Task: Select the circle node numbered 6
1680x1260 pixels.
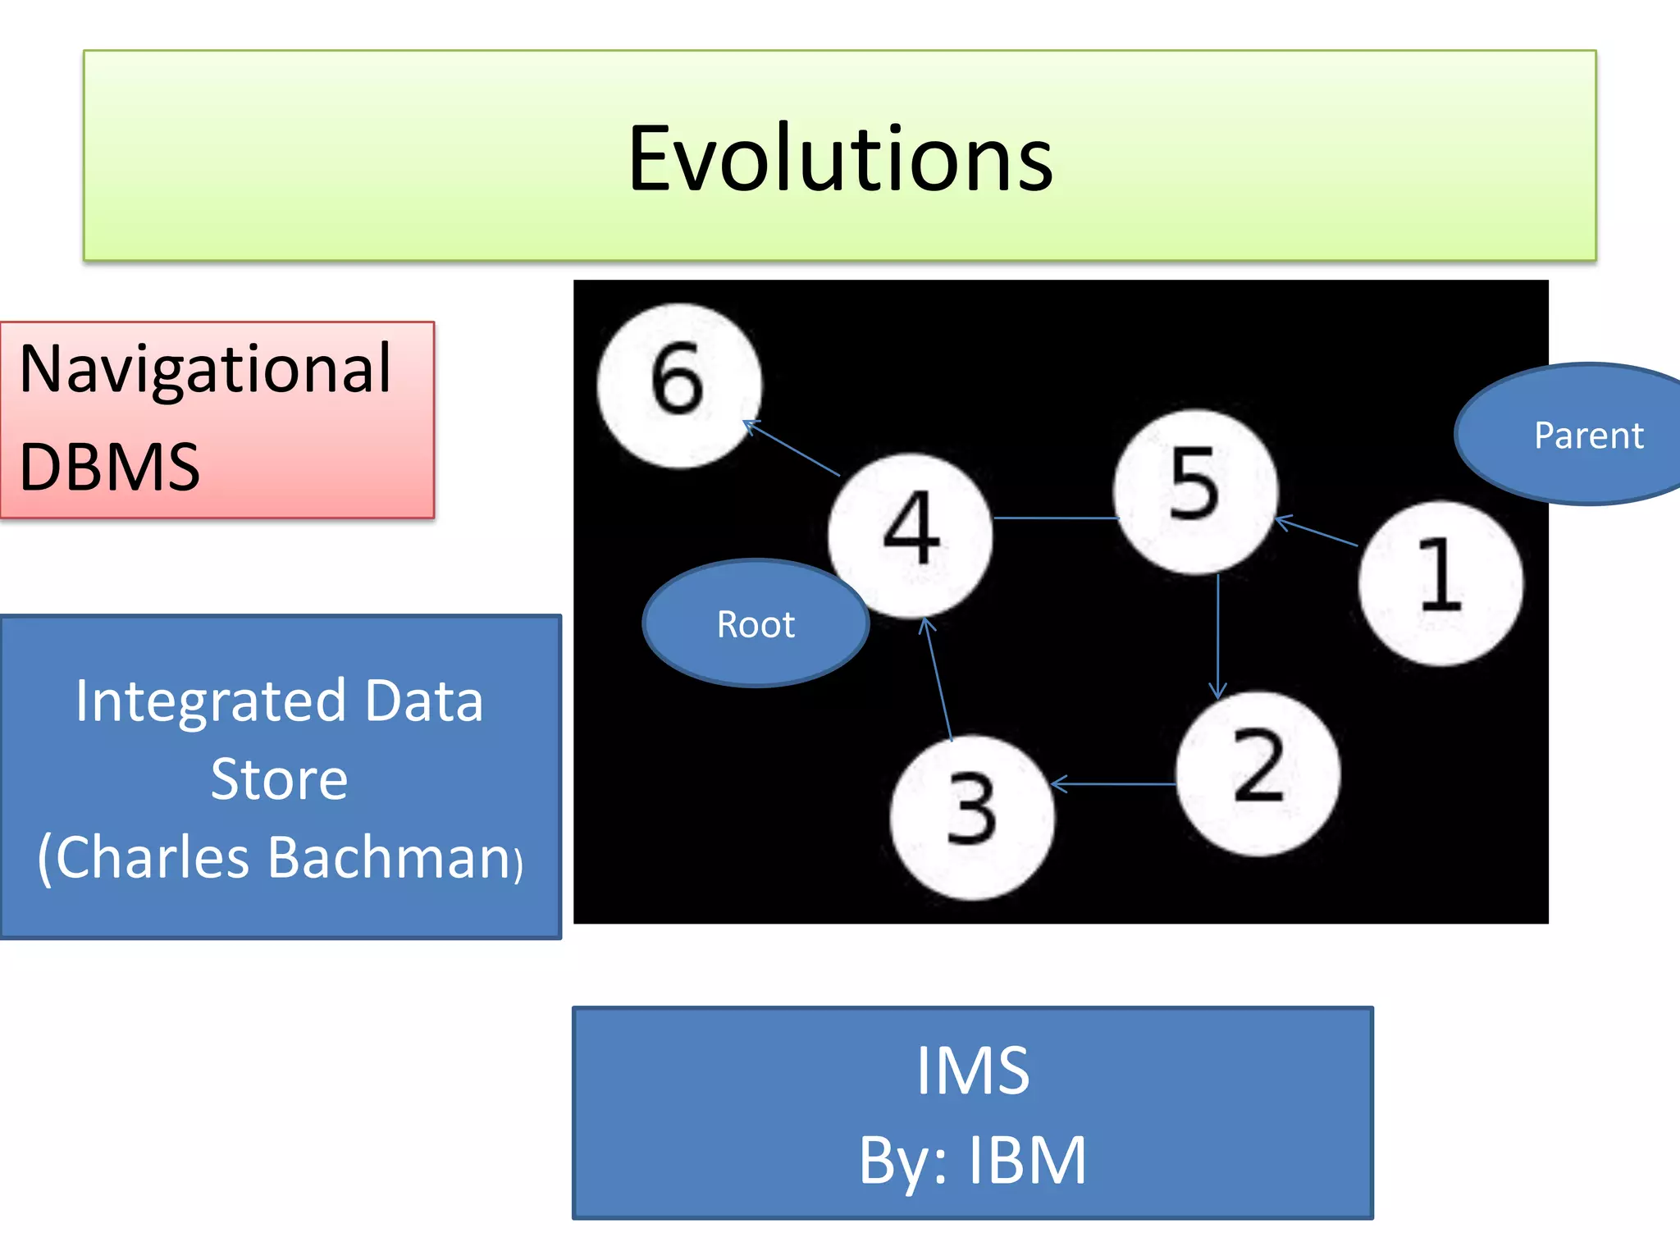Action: (678, 386)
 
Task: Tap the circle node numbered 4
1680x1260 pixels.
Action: (911, 535)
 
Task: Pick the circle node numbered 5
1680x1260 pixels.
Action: (1195, 491)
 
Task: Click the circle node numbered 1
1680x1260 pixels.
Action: (1440, 582)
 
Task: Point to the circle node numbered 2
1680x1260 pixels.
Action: (1258, 773)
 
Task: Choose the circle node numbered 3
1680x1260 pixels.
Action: (973, 817)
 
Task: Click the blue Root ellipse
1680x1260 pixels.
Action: (756, 624)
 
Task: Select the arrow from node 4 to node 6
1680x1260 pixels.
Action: (792, 449)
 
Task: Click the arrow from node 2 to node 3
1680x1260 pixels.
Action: (1114, 785)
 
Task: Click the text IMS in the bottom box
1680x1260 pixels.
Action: (973, 1071)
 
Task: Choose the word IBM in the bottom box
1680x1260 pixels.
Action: (1027, 1161)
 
